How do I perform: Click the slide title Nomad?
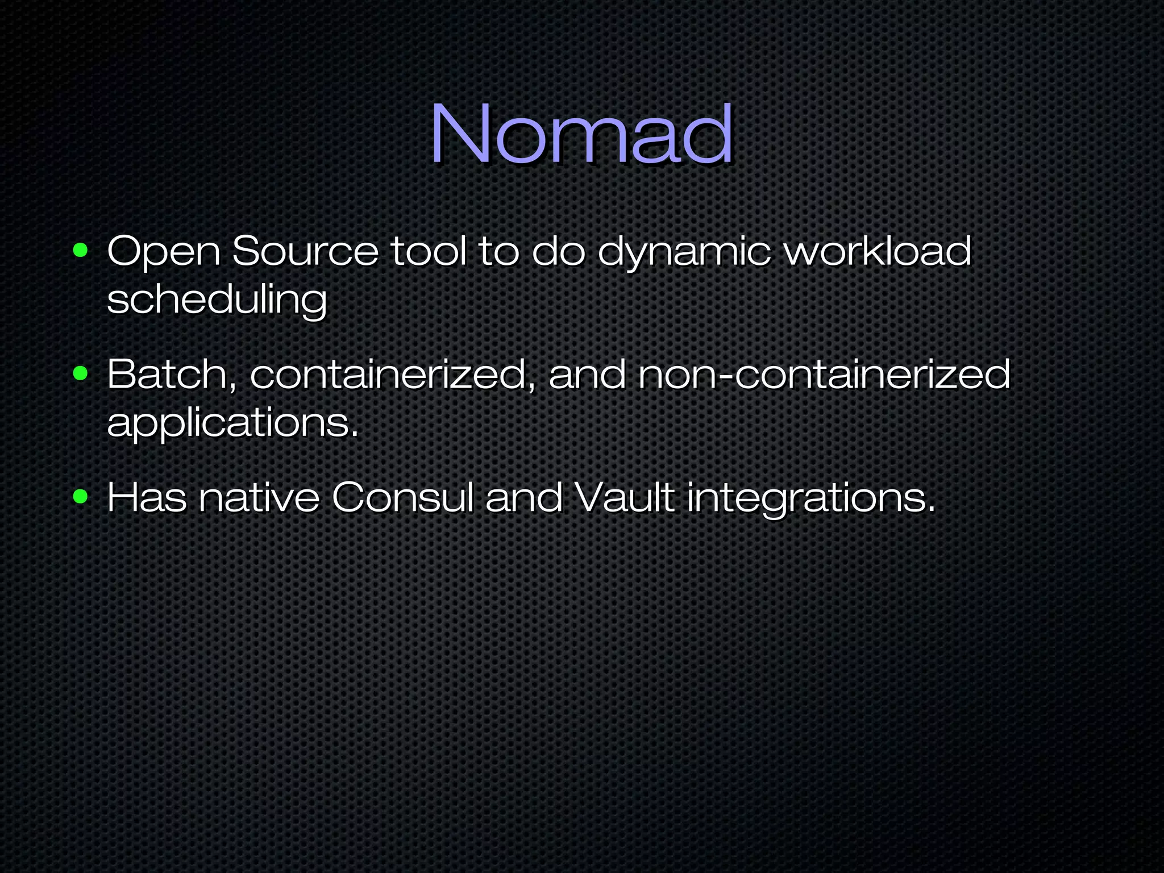(x=581, y=135)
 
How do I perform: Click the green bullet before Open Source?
(x=81, y=250)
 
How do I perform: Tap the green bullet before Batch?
(x=81, y=373)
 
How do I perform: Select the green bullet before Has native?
(x=81, y=497)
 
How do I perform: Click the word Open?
(x=164, y=252)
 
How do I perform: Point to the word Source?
(x=305, y=251)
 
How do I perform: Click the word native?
(x=259, y=498)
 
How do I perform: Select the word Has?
(x=147, y=498)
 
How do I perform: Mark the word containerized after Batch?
(x=388, y=375)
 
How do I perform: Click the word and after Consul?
(x=523, y=498)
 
